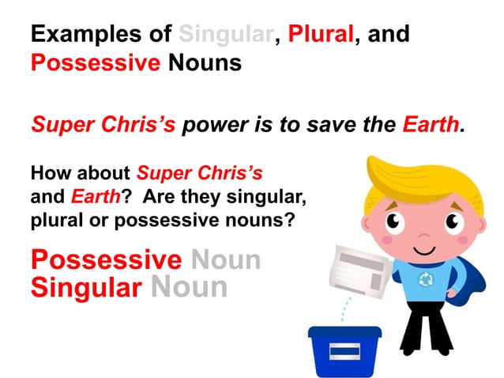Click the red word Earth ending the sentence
[x=431, y=125]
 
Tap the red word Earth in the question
[x=89, y=195]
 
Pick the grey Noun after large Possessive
[x=226, y=260]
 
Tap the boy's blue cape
[x=467, y=273]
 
